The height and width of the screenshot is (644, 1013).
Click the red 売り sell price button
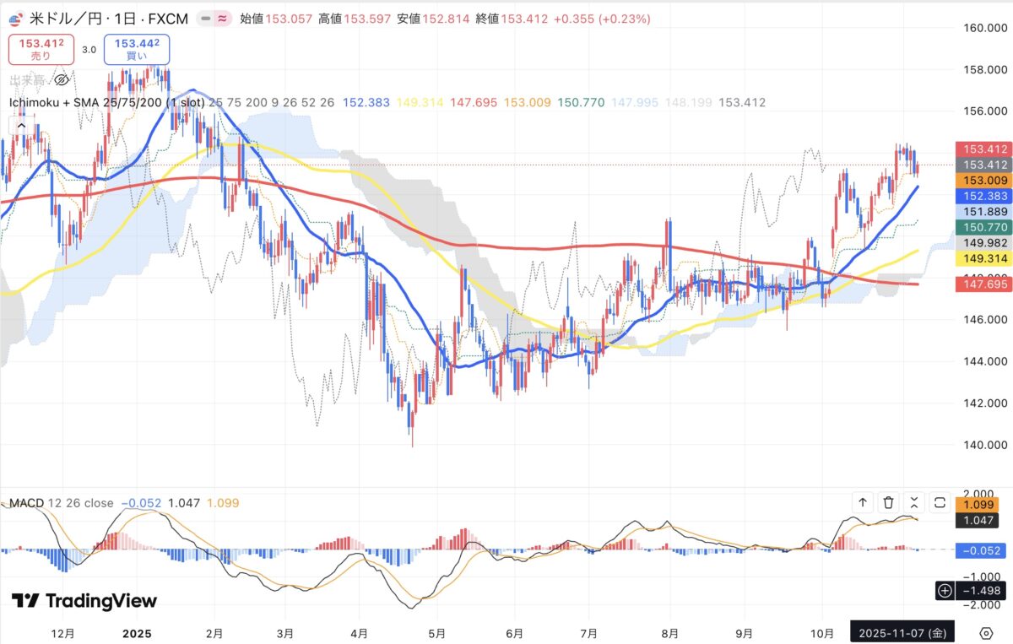click(41, 49)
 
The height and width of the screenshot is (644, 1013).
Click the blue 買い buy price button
click(137, 49)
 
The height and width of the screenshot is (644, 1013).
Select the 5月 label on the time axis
click(437, 632)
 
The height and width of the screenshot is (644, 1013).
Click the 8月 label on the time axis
click(670, 632)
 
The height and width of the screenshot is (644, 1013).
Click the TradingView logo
click(84, 601)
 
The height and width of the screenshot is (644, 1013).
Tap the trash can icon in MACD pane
click(888, 503)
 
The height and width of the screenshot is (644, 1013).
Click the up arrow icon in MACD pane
click(863, 503)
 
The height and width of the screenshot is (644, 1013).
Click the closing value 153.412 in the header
click(523, 19)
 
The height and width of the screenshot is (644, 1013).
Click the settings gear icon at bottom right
click(985, 633)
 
